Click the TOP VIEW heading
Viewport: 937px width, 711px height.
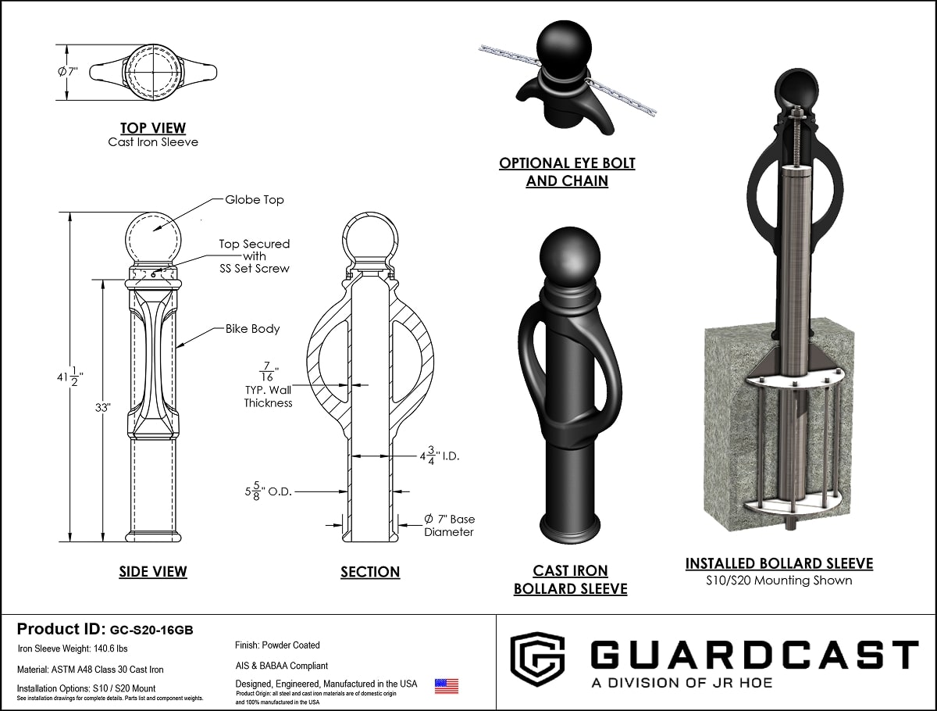(152, 127)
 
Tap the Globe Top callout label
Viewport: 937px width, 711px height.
(255, 200)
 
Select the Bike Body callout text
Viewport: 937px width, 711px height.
(252, 329)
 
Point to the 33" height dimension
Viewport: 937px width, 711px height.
(103, 407)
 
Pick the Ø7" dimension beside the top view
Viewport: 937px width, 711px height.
(69, 72)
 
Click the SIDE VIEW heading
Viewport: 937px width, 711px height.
(153, 572)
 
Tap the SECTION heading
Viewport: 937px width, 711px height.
(370, 573)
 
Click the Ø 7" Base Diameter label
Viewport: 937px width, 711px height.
(449, 525)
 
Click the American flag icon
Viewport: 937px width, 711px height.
(447, 686)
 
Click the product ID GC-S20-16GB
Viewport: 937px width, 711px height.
(151, 630)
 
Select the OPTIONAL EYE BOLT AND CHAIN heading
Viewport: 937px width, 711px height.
(567, 172)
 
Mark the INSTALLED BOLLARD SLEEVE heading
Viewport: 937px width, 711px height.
(779, 563)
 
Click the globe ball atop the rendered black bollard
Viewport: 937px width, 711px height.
(569, 257)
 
